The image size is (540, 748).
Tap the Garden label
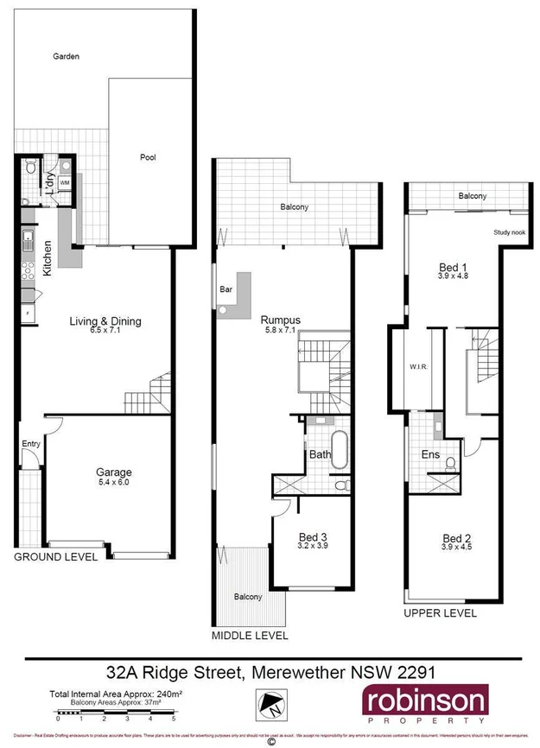tap(66, 56)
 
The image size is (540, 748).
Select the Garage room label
tap(113, 472)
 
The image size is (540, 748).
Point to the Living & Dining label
tap(105, 322)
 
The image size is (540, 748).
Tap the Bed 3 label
tap(311, 536)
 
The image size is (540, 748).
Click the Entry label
tap(31, 444)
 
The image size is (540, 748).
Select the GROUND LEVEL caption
tap(55, 558)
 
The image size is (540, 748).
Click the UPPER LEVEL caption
tap(441, 613)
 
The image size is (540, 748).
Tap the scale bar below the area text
tap(116, 713)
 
